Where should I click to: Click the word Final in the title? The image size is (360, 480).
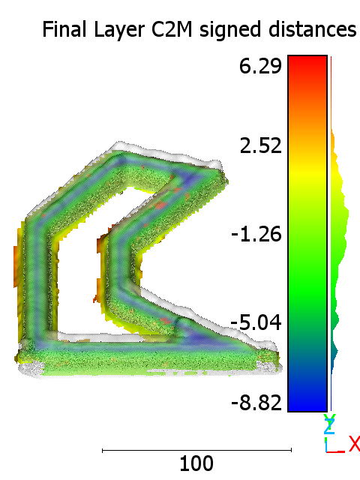(64, 29)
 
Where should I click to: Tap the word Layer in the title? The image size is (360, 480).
(118, 31)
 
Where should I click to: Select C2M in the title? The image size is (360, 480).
(172, 29)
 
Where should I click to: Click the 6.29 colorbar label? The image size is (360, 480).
(260, 66)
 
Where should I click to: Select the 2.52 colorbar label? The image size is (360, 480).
(260, 145)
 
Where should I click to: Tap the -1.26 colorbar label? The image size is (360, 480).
(256, 234)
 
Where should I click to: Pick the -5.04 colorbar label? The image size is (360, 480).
(256, 322)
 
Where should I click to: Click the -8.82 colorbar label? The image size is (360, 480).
(256, 402)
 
